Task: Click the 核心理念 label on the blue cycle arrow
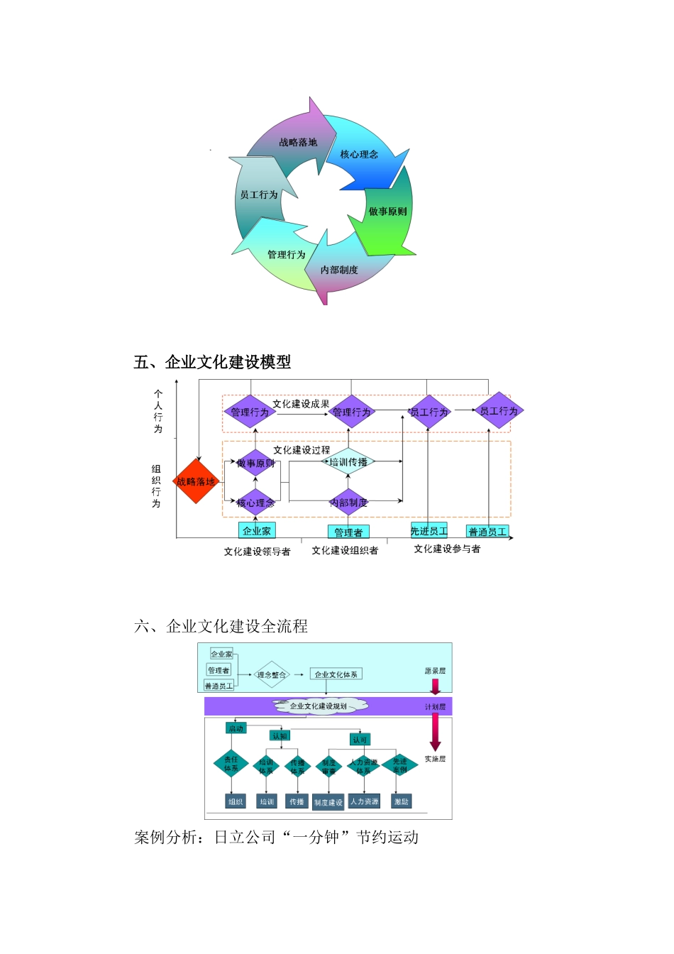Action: pyautogui.click(x=359, y=154)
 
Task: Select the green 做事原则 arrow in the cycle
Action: pyautogui.click(x=387, y=212)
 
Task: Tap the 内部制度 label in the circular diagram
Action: pyautogui.click(x=339, y=270)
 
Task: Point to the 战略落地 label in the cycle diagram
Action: pyautogui.click(x=298, y=143)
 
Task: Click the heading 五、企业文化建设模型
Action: pyautogui.click(x=212, y=362)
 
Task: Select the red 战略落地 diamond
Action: pyautogui.click(x=196, y=481)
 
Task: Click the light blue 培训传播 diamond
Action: pyautogui.click(x=348, y=461)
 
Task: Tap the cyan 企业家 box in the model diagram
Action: pyautogui.click(x=257, y=530)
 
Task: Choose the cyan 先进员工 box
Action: pyautogui.click(x=429, y=530)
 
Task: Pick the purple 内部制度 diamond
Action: pyautogui.click(x=348, y=503)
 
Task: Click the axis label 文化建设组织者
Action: pyautogui.click(x=345, y=550)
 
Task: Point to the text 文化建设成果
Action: pyautogui.click(x=301, y=403)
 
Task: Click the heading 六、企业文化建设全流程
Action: pyautogui.click(x=221, y=626)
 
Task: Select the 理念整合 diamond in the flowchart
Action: pyautogui.click(x=272, y=675)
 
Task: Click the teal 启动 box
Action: pyautogui.click(x=236, y=728)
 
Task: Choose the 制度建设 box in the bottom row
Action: pyautogui.click(x=328, y=802)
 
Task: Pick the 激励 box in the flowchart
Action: pyautogui.click(x=402, y=801)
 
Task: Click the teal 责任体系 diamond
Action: pyautogui.click(x=231, y=764)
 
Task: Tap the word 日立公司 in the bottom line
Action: pyautogui.click(x=245, y=838)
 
